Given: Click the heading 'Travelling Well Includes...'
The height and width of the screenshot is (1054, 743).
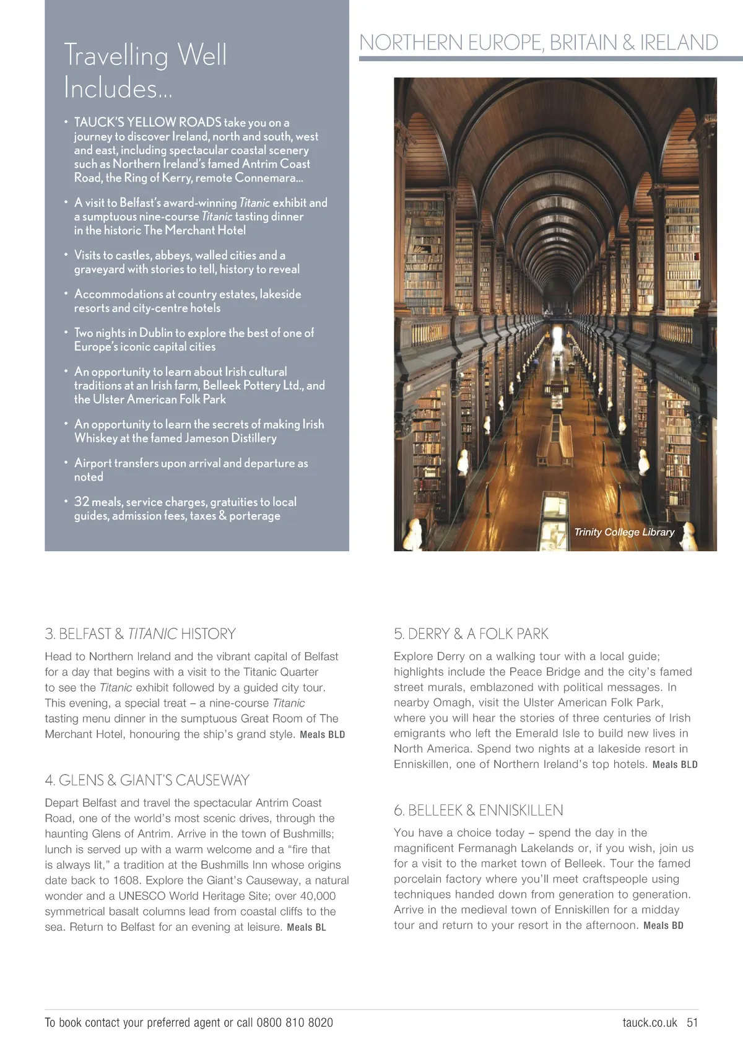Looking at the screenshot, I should click(146, 71).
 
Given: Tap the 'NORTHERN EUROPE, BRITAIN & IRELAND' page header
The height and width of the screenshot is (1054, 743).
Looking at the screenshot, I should click(538, 43).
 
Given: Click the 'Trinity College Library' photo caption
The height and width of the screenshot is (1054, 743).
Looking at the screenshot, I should click(624, 532).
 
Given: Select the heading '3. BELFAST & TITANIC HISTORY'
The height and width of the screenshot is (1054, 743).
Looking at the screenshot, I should click(141, 634).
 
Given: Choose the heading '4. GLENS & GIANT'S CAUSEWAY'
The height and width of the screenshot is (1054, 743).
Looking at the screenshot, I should click(147, 780).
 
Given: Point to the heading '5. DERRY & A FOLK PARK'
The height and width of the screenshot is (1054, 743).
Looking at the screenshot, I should click(471, 634).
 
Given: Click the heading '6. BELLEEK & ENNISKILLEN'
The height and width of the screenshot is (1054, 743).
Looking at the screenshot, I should click(479, 811).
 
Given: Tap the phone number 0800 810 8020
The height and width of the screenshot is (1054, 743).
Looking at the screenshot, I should click(295, 1022).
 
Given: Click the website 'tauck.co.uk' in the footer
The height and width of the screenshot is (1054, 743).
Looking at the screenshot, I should click(650, 1022).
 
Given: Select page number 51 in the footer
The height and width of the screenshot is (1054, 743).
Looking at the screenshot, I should click(692, 1022).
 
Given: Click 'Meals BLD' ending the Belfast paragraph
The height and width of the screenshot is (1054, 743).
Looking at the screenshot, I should click(322, 735).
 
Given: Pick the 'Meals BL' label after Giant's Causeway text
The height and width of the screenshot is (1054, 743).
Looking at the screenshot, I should click(306, 928).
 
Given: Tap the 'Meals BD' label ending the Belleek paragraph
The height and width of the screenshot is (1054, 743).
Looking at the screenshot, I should click(663, 926).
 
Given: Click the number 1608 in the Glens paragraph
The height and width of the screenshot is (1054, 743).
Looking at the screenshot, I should click(126, 881).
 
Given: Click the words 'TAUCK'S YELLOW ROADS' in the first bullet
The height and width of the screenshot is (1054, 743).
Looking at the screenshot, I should click(148, 122).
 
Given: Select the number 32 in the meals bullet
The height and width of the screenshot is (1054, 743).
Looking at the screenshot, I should click(82, 502).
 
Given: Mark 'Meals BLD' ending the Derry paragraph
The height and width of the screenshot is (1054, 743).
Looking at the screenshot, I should click(675, 765).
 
